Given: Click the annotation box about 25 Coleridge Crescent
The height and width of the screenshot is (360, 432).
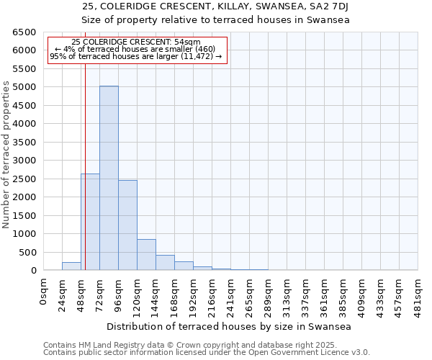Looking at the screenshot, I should pos(137,49).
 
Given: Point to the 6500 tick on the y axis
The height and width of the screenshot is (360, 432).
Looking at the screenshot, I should pos(24,32).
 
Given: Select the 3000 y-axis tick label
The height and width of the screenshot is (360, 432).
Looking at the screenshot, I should pos(24,161).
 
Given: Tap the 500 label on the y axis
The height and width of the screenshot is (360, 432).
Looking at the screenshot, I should pos(27,252).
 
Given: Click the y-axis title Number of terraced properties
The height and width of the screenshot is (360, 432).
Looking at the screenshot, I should pos(7,155).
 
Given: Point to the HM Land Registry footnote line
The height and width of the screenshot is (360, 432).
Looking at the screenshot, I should pos(205,345).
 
